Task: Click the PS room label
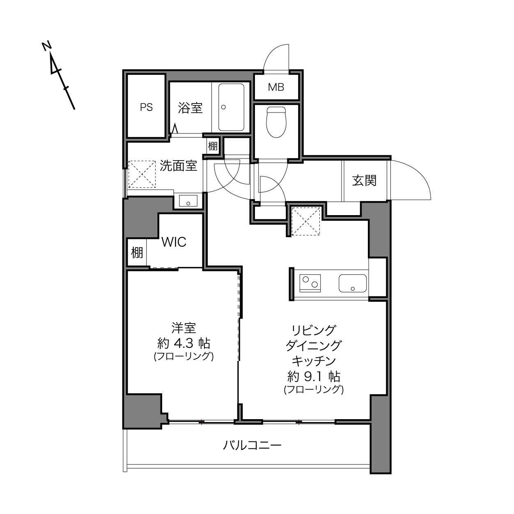pos(146,107)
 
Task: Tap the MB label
pos(276,87)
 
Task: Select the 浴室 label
pos(190,108)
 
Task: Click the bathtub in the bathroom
pos(231,107)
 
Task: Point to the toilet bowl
pos(276,122)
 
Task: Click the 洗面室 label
pos(178,165)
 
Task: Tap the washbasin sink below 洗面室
pos(188,201)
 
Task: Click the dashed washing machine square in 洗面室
pos(142,174)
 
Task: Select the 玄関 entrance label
pos(364,181)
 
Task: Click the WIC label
pos(174,242)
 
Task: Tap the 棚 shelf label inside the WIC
pos(137,252)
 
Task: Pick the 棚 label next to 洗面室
pos(213,146)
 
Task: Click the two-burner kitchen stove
pos(310,283)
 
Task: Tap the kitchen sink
pos(352,283)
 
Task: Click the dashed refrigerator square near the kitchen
pos(306,221)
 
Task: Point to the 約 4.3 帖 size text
pos(184,344)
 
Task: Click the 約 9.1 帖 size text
pos(314,376)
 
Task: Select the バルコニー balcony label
pos(252,445)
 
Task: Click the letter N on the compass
pos(47,46)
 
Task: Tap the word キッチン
pos(314,361)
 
